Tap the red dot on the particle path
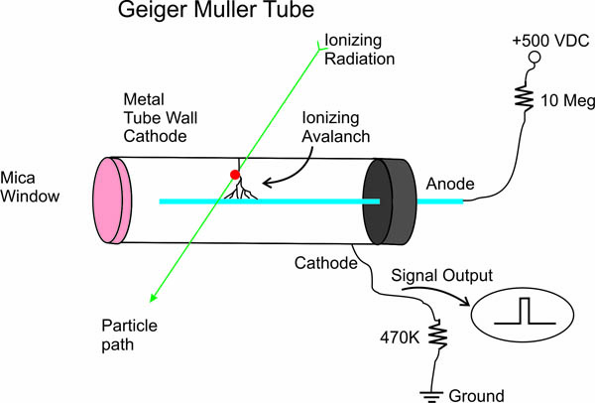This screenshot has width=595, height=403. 235,176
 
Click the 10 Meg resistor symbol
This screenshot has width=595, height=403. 522,97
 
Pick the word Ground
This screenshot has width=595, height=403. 479,394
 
